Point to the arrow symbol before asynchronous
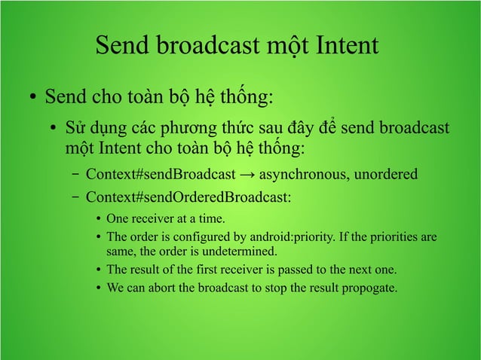(x=247, y=175)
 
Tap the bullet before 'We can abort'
(x=100, y=288)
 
